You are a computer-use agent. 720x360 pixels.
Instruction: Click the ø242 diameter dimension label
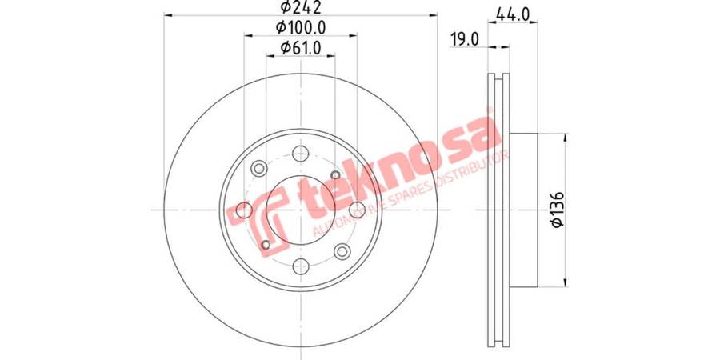tap(301, 7)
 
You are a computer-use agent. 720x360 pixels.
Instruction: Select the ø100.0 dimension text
tap(301, 27)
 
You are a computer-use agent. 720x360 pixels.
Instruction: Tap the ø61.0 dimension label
tap(301, 47)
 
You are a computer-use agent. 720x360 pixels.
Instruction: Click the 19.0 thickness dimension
tap(464, 40)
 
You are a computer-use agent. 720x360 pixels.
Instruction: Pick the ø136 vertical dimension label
tap(558, 210)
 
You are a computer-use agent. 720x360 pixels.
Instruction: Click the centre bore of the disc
tap(301, 210)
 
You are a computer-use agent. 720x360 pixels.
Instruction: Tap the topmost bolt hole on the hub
tap(301, 154)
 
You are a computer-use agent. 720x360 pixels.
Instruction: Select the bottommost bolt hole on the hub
tap(301, 266)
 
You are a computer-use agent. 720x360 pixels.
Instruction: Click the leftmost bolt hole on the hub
tap(244, 210)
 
